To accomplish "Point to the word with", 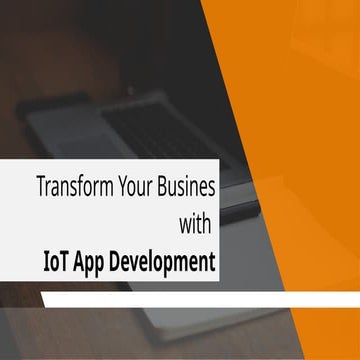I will [x=196, y=220].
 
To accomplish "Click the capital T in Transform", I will [x=40, y=186].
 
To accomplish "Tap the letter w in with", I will [x=184, y=220].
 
